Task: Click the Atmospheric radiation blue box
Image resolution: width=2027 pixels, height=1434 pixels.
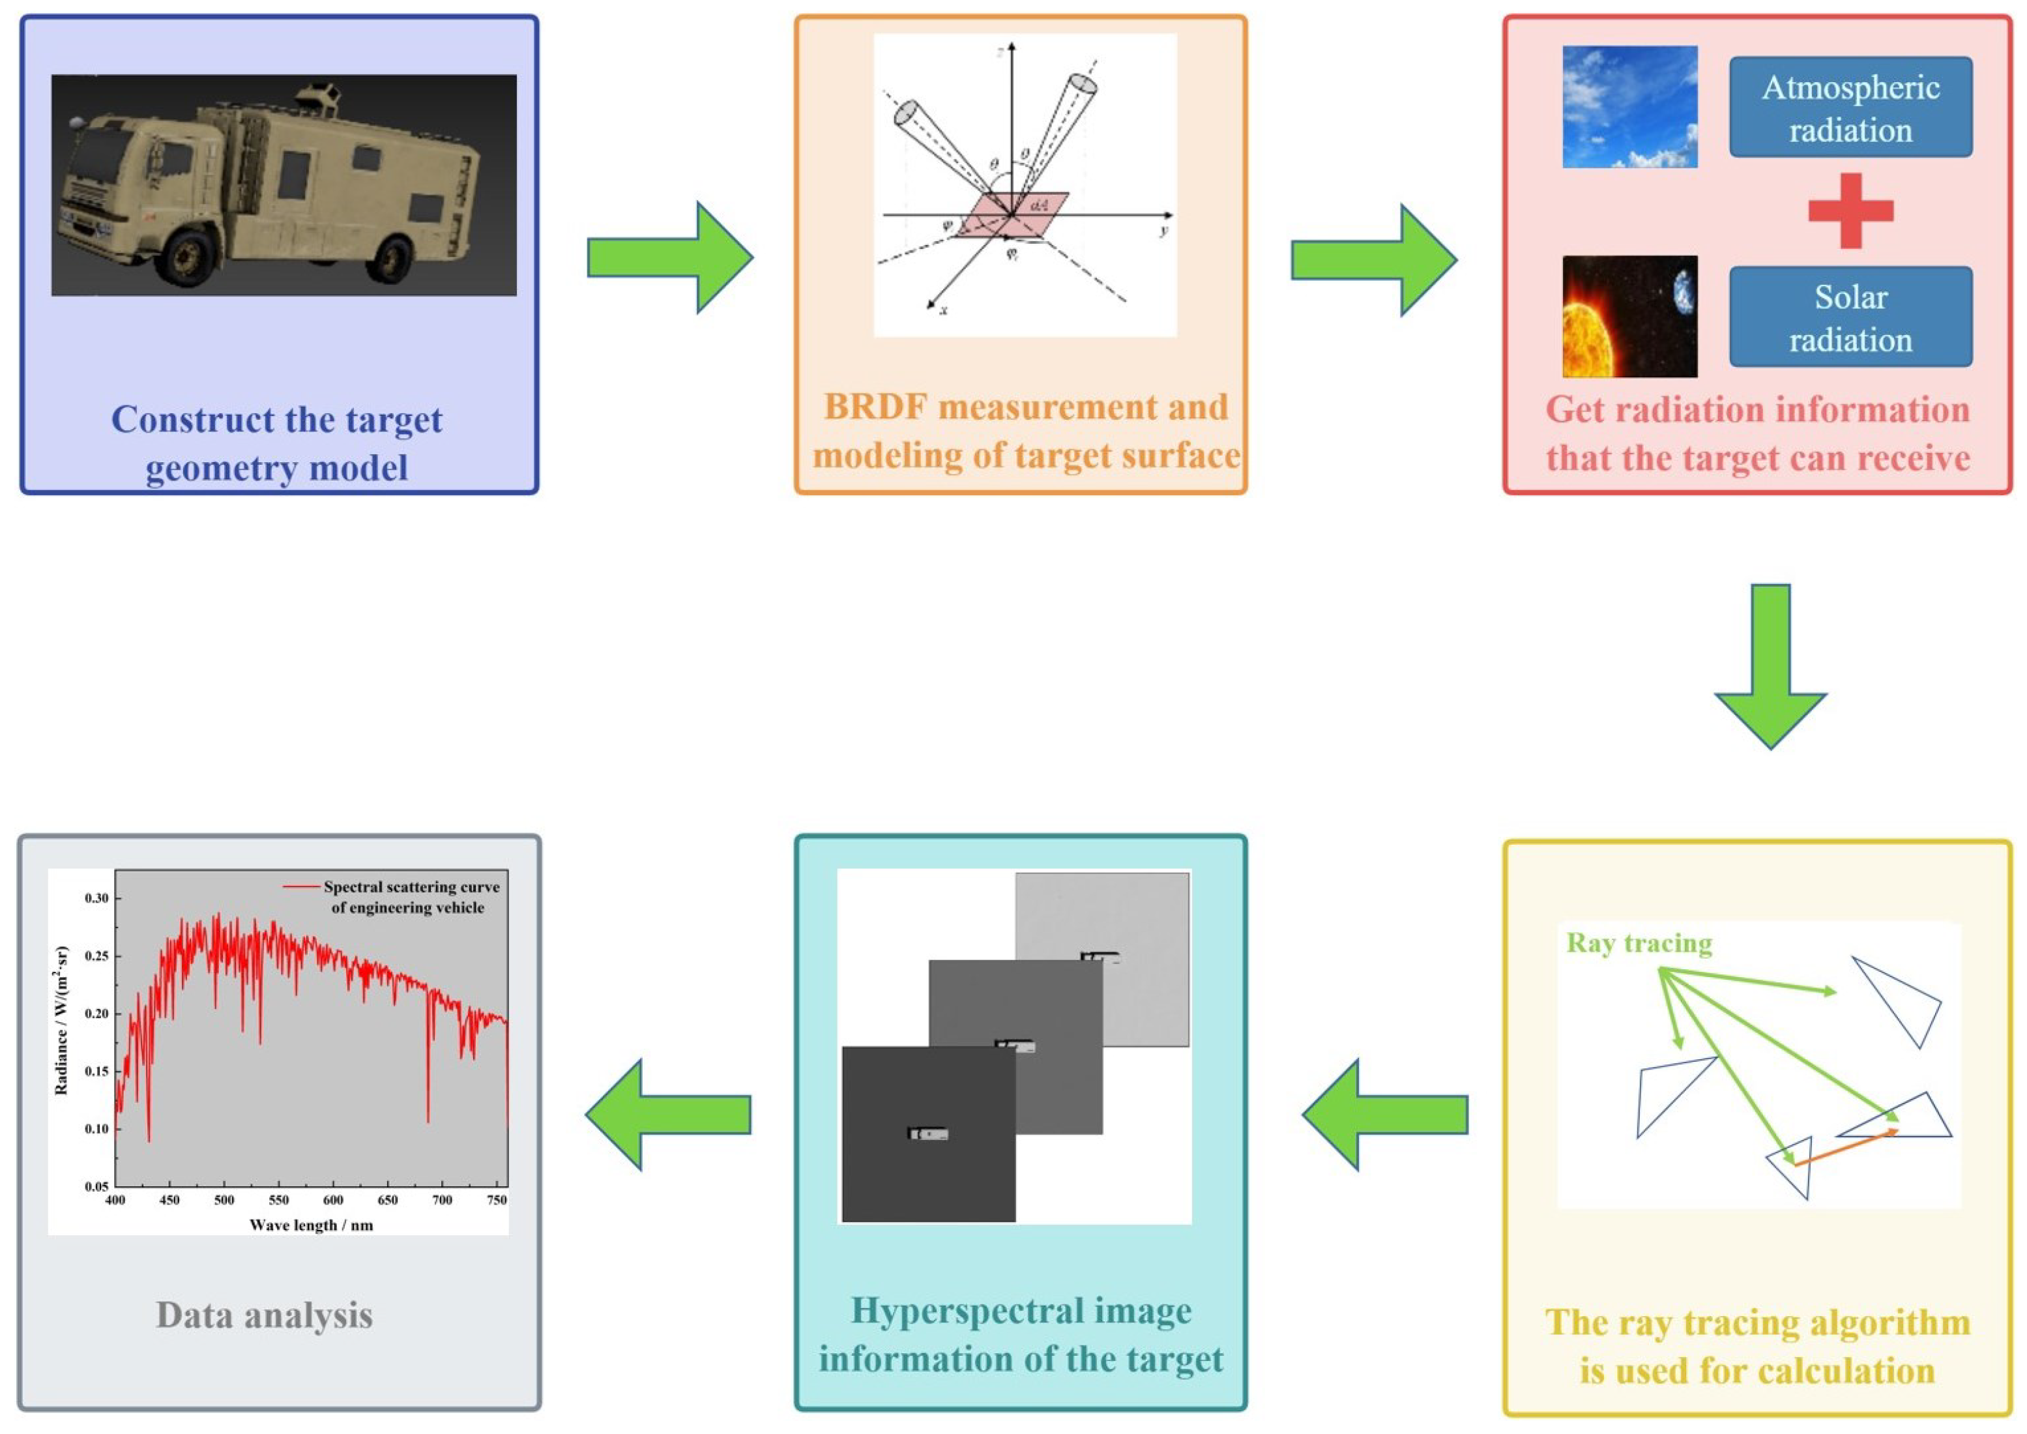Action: click(1850, 108)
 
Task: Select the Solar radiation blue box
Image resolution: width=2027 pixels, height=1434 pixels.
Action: click(1850, 317)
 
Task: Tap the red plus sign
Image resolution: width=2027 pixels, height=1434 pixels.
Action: click(1850, 210)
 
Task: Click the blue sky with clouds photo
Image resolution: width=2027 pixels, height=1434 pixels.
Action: click(1629, 107)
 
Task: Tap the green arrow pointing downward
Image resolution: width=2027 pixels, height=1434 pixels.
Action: click(1770, 667)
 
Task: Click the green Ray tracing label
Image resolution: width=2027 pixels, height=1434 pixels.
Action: click(1639, 943)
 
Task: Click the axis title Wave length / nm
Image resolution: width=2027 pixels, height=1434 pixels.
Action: click(311, 1225)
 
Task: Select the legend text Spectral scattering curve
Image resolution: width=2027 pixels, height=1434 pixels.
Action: click(411, 886)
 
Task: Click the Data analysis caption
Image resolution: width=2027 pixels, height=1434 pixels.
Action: click(264, 1315)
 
